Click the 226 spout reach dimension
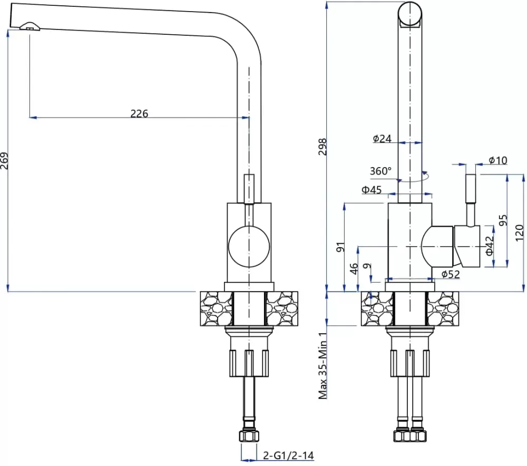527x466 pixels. pyautogui.click(x=139, y=113)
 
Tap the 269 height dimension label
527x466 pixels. pyautogui.click(x=5, y=161)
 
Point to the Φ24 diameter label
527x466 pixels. pyautogui.click(x=382, y=139)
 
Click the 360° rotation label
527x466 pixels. pyautogui.click(x=380, y=171)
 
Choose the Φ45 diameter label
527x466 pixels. pyautogui.click(x=372, y=190)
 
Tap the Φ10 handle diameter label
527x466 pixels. pyautogui.click(x=497, y=160)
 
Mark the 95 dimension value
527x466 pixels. pyautogui.click(x=503, y=220)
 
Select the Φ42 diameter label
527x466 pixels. pyautogui.click(x=490, y=246)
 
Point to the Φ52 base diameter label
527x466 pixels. pyautogui.click(x=451, y=274)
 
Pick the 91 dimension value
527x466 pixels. pyautogui.click(x=340, y=246)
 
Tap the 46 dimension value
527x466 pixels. pyautogui.click(x=354, y=269)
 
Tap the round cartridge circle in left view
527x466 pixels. pyautogui.click(x=250, y=245)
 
